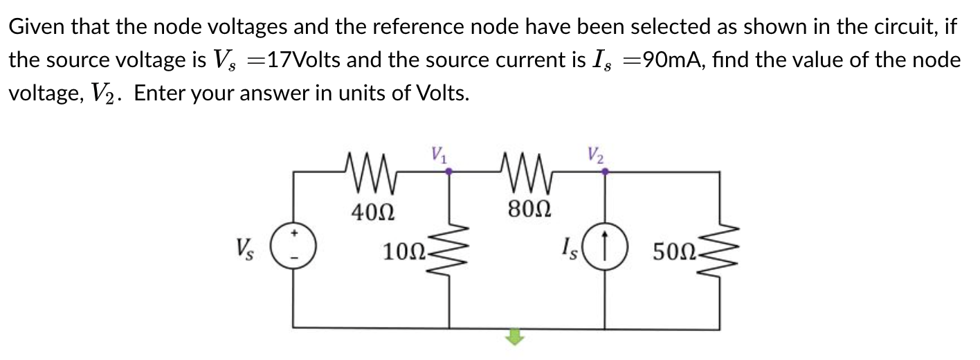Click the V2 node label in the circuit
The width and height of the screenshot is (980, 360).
(596, 154)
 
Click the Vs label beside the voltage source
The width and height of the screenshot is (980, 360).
(244, 247)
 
